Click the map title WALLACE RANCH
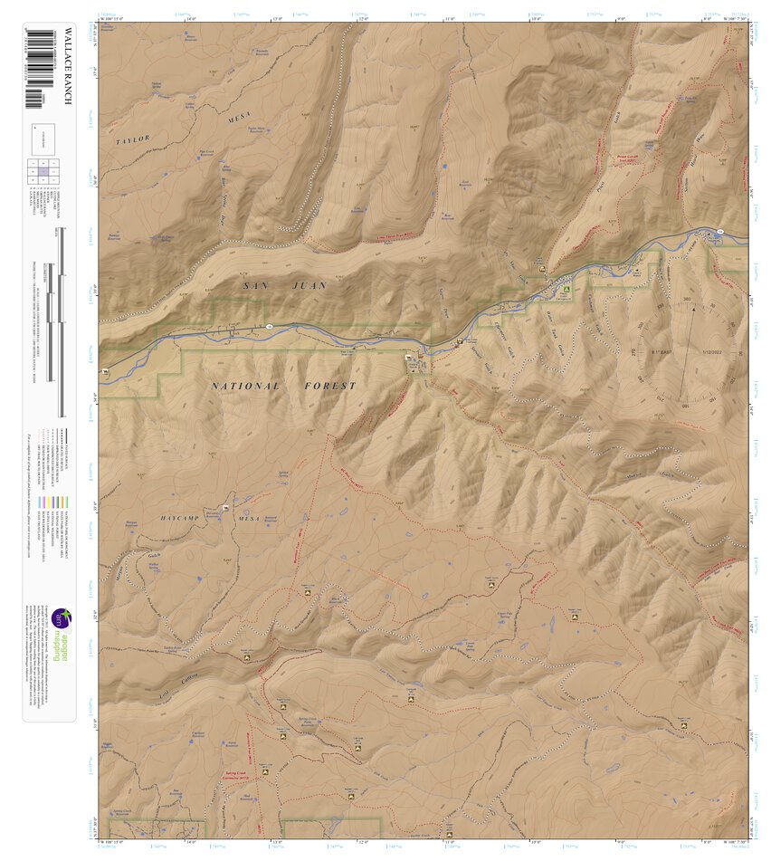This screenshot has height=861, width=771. pyautogui.click(x=66, y=67)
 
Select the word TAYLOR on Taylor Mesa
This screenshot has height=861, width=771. pyautogui.click(x=132, y=139)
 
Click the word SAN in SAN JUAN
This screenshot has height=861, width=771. pyautogui.click(x=257, y=285)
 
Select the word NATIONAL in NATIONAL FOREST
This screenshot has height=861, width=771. pyautogui.click(x=246, y=386)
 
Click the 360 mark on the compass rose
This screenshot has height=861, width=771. pyautogui.click(x=687, y=298)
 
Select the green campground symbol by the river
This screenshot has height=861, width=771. pyautogui.click(x=566, y=290)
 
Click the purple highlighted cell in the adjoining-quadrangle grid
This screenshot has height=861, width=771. pyautogui.click(x=43, y=170)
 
